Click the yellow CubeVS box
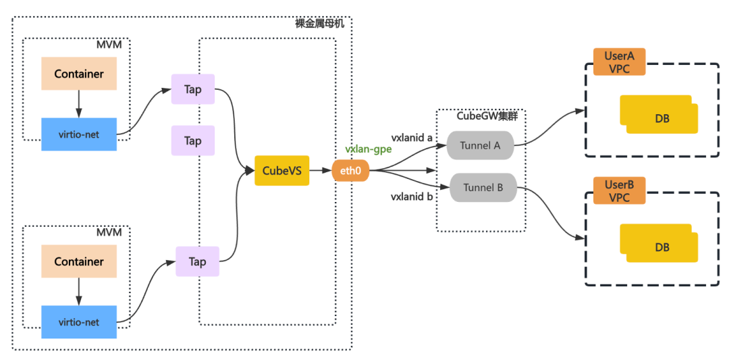pyautogui.click(x=281, y=170)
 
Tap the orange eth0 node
pyautogui.click(x=350, y=171)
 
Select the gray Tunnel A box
pyautogui.click(x=480, y=145)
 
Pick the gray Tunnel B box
pyautogui.click(x=483, y=188)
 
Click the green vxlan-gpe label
pyautogui.click(x=369, y=149)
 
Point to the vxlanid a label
pyautogui.click(x=412, y=138)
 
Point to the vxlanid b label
pyautogui.click(x=412, y=197)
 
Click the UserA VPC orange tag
pyautogui.click(x=619, y=61)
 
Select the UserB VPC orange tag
pyautogui.click(x=619, y=190)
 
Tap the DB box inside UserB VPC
pyautogui.click(x=659, y=243)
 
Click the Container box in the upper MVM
pyautogui.click(x=78, y=74)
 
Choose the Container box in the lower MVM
pyautogui.click(x=78, y=261)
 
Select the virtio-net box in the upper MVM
pyautogui.click(x=78, y=134)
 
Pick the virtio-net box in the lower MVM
pyautogui.click(x=78, y=322)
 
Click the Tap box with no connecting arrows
pyautogui.click(x=193, y=140)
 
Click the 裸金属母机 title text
pyautogui.click(x=320, y=23)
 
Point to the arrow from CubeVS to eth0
pyautogui.click(x=321, y=171)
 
